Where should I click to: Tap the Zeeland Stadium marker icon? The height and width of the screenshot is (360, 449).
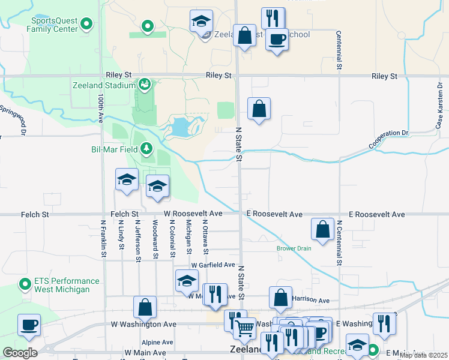[144, 85]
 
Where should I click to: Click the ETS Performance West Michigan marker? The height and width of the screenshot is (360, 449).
[25, 284]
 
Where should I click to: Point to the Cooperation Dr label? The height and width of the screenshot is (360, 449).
[388, 141]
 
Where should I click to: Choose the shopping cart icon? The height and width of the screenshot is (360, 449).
[244, 328]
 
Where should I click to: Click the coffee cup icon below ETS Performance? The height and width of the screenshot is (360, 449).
[29, 325]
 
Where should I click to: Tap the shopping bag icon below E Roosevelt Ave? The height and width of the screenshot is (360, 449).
[322, 229]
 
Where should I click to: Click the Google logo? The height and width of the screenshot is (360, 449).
[20, 353]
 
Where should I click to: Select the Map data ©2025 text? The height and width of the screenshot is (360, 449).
[423, 355]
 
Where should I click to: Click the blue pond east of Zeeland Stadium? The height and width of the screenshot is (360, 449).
[181, 127]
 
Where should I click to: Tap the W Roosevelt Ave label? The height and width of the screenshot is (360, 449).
[193, 214]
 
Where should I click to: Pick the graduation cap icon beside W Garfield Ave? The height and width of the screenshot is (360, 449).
[187, 280]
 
